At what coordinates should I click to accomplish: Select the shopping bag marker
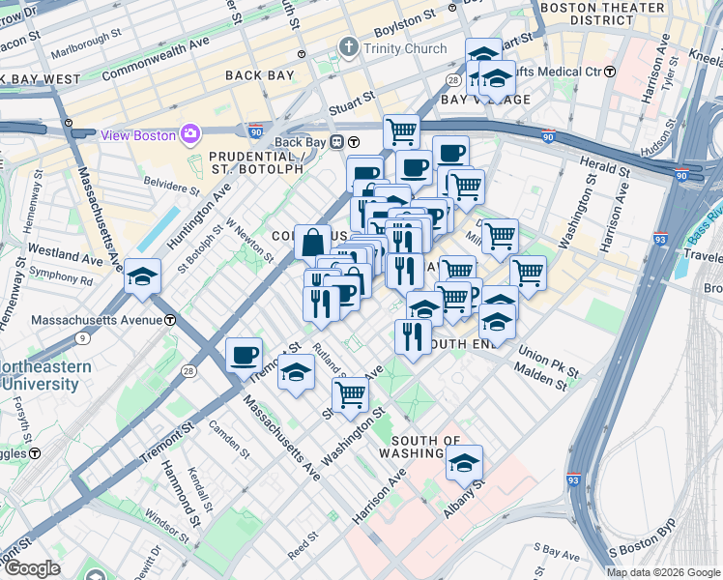click(313, 243)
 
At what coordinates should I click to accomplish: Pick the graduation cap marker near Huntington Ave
click(142, 278)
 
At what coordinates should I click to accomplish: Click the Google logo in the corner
click(32, 568)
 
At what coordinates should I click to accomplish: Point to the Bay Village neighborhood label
click(474, 100)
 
